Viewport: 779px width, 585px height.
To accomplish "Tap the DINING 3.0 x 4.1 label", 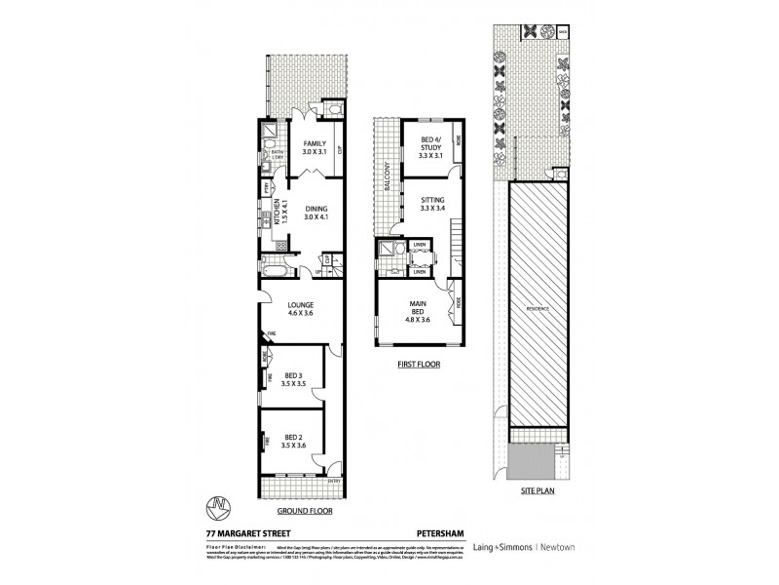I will tap(315, 212).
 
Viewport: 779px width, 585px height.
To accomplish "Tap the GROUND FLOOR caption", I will tap(300, 510).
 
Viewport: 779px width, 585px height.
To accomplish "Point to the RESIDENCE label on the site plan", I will tap(538, 308).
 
